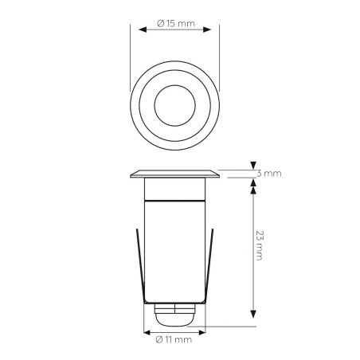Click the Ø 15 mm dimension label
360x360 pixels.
(x=174, y=23)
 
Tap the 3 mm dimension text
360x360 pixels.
(x=271, y=173)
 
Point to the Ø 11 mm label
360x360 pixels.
(x=174, y=340)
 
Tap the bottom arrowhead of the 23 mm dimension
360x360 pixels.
(x=253, y=312)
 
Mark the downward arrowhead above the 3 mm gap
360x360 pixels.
(x=253, y=165)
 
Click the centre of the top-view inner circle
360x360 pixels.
(x=174, y=104)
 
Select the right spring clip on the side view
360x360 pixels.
(x=211, y=263)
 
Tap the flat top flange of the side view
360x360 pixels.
(x=174, y=173)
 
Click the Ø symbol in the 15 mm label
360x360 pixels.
(x=161, y=23)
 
